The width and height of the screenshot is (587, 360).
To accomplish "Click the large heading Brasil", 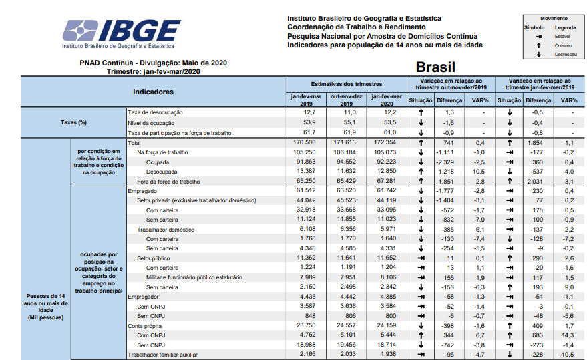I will coord(435,67).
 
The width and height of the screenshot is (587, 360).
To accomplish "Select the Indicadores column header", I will coord(153,92).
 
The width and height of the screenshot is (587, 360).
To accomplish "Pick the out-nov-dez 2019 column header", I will coord(346,100).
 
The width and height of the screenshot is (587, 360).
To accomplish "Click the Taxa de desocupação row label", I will coord(155,112).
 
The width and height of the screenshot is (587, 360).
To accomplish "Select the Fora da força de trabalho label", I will coord(164,182).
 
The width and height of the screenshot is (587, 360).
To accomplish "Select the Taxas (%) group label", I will coord(74,122).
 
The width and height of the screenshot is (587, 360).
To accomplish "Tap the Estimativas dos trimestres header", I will coord(347,85).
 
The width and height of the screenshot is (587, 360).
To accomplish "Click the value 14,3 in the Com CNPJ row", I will coord(569,335).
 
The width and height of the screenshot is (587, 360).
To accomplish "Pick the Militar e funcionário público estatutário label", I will coord(194,277).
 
